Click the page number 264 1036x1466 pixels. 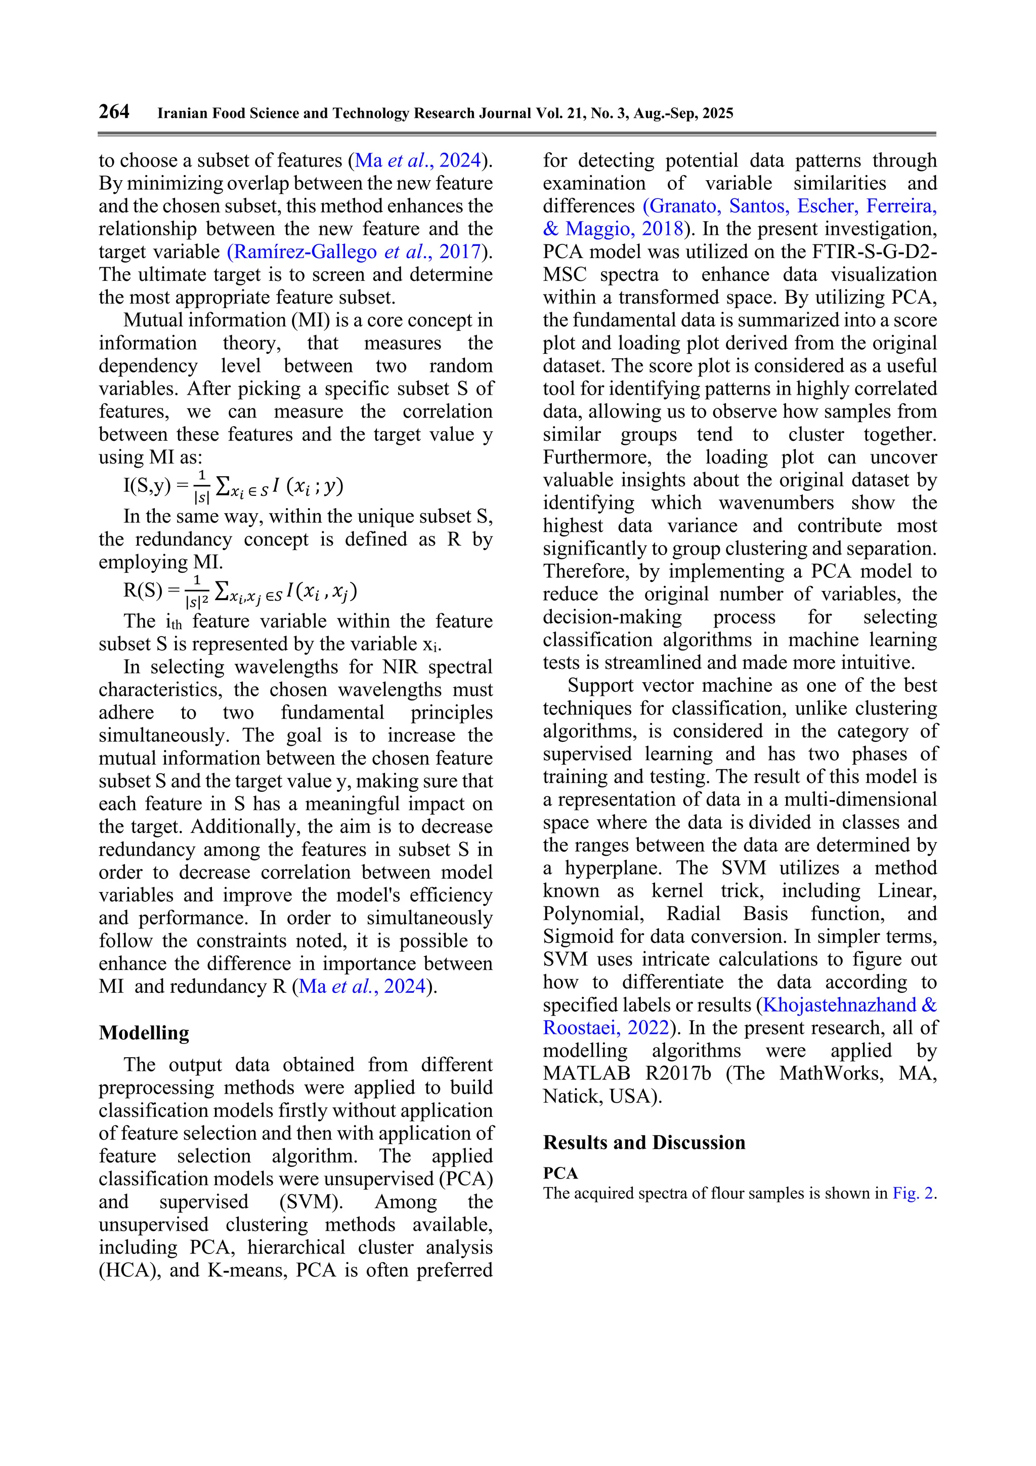click(114, 112)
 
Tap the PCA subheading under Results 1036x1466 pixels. click(560, 1173)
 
